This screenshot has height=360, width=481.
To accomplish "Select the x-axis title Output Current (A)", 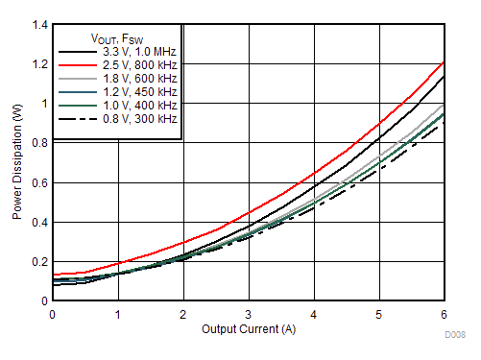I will (247, 329).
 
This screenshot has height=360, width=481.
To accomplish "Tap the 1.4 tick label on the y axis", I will (38, 24).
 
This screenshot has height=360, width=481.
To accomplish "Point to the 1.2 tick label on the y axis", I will (38, 63).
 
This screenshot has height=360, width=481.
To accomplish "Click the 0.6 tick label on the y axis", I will (38, 182).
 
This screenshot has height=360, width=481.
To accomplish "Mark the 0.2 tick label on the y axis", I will (38, 261).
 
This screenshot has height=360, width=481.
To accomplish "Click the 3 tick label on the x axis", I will (248, 314).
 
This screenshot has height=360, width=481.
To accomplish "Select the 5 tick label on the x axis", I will (378, 314).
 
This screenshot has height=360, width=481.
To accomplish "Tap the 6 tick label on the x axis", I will (443, 314).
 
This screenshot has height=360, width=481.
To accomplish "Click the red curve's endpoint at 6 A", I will (443, 63).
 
